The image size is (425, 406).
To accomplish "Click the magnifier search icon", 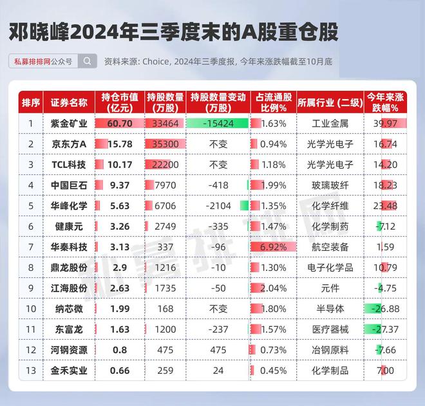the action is coord(88,61).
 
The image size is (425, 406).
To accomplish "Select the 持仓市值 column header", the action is coord(120,103).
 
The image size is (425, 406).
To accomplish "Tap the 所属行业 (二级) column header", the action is coord(330,103).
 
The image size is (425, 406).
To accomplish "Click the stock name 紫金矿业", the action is coord(69,124).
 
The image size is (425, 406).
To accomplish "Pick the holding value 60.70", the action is coord(120,124).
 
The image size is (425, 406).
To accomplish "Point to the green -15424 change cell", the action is coord(218,124).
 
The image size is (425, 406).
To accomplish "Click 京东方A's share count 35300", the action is coord(165,144).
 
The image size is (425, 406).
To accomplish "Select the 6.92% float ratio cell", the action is coord(273,247).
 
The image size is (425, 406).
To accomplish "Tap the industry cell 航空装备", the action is coord(330,247).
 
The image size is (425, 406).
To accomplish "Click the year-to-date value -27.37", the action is coord(385,329).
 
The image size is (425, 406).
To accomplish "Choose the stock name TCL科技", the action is coord(69,165).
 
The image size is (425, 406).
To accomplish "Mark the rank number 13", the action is coord(31,371).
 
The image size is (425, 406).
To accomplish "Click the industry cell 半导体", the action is coord(330,309).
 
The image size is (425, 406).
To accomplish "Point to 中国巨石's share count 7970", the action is coord(165,185).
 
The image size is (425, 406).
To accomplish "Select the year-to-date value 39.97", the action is coord(385,124).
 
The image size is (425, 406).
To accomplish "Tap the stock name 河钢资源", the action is coord(69,350).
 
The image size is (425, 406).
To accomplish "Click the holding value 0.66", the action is coord(120,371).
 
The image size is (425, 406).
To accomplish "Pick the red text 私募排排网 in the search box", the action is coord(33,62).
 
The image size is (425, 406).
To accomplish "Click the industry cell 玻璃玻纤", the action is coord(330,185).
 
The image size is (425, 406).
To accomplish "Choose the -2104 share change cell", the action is coord(218,206).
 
